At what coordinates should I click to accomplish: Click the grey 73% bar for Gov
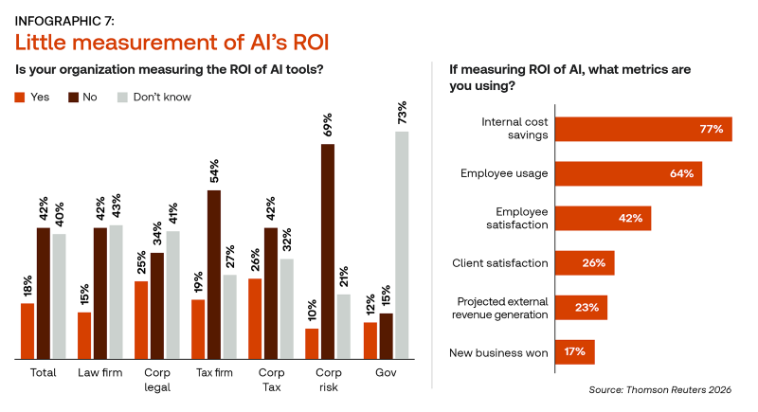[403, 245]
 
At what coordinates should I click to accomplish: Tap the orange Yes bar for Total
[27, 331]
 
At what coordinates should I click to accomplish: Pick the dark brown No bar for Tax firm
[213, 275]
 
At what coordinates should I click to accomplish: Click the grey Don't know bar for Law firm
[117, 292]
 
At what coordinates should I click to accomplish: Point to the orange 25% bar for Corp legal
[140, 320]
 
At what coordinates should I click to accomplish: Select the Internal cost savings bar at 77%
[642, 129]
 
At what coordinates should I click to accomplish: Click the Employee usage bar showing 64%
[627, 173]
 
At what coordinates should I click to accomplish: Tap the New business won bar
[573, 352]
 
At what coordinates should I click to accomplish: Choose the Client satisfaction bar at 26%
[584, 262]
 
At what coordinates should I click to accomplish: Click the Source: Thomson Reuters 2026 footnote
[666, 389]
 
